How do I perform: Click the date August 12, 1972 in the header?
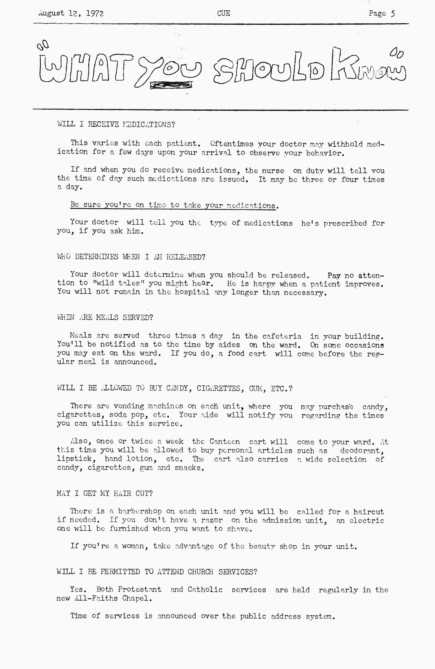point(71,13)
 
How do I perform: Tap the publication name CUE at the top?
point(223,13)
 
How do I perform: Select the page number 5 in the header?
point(393,13)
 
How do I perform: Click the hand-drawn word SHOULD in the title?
point(270,70)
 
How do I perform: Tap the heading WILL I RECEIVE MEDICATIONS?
point(116,124)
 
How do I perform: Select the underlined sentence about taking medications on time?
point(173,205)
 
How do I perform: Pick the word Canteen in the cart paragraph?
point(225,442)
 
